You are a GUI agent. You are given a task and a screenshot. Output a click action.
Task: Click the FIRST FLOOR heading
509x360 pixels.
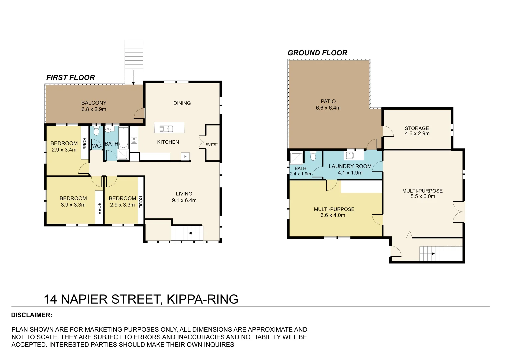tap(70, 78)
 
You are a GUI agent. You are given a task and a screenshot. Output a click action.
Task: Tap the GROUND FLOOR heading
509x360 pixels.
tap(317, 53)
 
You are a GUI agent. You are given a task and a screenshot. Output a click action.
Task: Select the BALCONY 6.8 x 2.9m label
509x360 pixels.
tap(94, 106)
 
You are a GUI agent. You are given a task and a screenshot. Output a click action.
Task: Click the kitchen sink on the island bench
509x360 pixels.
tap(166, 129)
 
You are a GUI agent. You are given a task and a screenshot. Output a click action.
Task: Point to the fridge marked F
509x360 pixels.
tap(185, 156)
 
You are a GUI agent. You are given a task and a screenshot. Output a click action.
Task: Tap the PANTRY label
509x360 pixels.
tap(212, 144)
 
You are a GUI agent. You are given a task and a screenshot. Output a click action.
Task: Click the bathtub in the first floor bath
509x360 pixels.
tap(123, 137)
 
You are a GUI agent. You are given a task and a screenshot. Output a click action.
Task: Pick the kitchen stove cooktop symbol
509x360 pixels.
tap(134, 140)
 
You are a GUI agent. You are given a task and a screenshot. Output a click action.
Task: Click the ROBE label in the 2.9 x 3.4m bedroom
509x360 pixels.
tap(84, 144)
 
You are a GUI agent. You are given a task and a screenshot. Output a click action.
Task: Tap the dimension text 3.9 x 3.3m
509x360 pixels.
tap(73, 205)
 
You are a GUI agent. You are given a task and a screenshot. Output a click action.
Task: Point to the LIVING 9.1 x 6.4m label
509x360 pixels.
tap(184, 197)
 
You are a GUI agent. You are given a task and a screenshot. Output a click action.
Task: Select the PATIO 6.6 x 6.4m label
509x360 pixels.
tap(328, 104)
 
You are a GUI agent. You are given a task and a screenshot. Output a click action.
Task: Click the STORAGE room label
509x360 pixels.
tap(417, 128)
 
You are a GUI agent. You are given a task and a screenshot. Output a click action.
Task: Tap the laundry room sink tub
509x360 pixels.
tap(350, 155)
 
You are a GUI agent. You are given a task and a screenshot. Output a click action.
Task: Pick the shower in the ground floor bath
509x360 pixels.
tap(296, 158)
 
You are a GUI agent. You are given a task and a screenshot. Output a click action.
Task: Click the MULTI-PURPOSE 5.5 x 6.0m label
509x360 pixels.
tap(422, 193)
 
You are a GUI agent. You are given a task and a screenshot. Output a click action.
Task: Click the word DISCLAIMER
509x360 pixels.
tap(32, 315)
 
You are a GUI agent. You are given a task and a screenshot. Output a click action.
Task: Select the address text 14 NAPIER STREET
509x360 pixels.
tap(103, 299)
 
